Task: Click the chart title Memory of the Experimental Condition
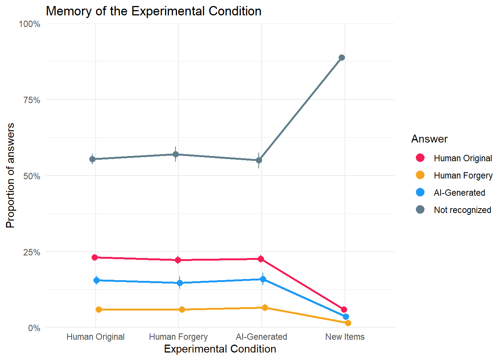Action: tap(153, 11)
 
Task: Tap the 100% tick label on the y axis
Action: tap(30, 24)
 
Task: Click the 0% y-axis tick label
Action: tap(34, 328)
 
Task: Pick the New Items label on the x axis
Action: tap(345, 337)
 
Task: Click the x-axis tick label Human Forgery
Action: tap(178, 337)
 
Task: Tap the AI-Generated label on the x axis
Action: tap(261, 337)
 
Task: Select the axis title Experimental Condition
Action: tap(220, 349)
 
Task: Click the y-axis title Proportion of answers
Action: tap(10, 175)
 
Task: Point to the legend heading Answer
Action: tap(429, 139)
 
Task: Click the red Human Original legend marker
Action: tap(420, 158)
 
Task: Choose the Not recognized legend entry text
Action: tap(462, 210)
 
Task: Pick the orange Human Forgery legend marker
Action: tap(420, 175)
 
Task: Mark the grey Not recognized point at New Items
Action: tap(342, 58)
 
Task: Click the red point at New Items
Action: tap(344, 309)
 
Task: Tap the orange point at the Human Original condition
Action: tap(99, 310)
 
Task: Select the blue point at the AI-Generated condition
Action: tap(263, 279)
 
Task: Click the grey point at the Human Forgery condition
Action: tap(175, 154)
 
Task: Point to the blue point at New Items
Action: tap(346, 317)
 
